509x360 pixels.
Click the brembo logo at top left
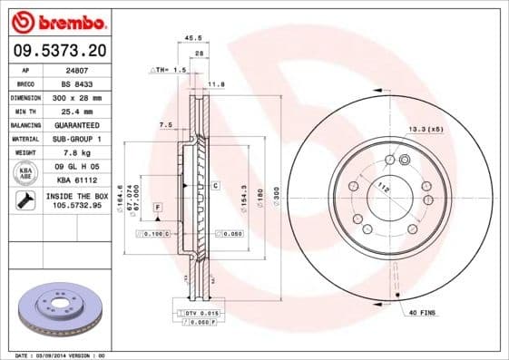pyautogui.click(x=56, y=20)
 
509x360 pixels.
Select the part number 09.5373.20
pyautogui.click(x=55, y=51)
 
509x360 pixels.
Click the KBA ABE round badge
pyautogui.click(x=25, y=172)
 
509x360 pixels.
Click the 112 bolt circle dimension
pyautogui.click(x=384, y=188)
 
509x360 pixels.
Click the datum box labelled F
pyautogui.click(x=157, y=209)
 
